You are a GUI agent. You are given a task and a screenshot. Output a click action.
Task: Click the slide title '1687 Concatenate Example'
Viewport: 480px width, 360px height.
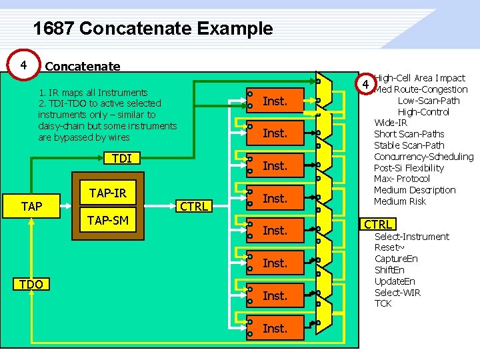(153, 29)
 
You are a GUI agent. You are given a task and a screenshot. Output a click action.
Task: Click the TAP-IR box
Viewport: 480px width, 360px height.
(108, 193)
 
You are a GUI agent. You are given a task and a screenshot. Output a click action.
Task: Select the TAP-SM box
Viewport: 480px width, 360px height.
(108, 219)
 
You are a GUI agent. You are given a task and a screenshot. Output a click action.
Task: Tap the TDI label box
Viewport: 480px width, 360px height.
(121, 158)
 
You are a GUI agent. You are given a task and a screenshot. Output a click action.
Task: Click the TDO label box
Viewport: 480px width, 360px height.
(31, 285)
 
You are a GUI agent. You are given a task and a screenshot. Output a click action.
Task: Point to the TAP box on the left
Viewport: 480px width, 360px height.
(31, 206)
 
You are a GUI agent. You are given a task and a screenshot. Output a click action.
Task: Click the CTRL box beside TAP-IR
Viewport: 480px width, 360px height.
(194, 206)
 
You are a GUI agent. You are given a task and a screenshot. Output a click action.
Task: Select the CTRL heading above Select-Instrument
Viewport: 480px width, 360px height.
(377, 224)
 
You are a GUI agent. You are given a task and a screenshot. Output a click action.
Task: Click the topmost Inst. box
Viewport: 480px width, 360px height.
(275, 101)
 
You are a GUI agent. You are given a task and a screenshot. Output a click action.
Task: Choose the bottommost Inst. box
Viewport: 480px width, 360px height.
(275, 328)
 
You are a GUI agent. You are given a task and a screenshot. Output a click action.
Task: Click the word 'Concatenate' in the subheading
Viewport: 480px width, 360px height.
(83, 66)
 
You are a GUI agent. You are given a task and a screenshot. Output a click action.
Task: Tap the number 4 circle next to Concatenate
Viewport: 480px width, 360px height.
(24, 65)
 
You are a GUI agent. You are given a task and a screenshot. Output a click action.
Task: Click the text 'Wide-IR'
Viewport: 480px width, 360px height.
(391, 123)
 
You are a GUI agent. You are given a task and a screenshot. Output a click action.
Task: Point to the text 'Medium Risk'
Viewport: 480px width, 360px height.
(400, 201)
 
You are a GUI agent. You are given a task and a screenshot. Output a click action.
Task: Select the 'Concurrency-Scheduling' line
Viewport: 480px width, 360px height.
(423, 157)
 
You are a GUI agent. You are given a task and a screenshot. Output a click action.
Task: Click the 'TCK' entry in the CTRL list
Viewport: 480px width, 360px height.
(383, 303)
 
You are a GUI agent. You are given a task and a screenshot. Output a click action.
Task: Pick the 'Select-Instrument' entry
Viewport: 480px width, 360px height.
(412, 237)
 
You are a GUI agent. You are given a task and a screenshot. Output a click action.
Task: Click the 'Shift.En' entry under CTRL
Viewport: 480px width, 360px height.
(389, 270)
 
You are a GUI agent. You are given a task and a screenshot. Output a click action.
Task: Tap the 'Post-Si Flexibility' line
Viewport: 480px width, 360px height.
(409, 168)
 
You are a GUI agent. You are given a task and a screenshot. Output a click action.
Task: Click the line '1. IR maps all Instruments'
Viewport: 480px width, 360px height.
(93, 92)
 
